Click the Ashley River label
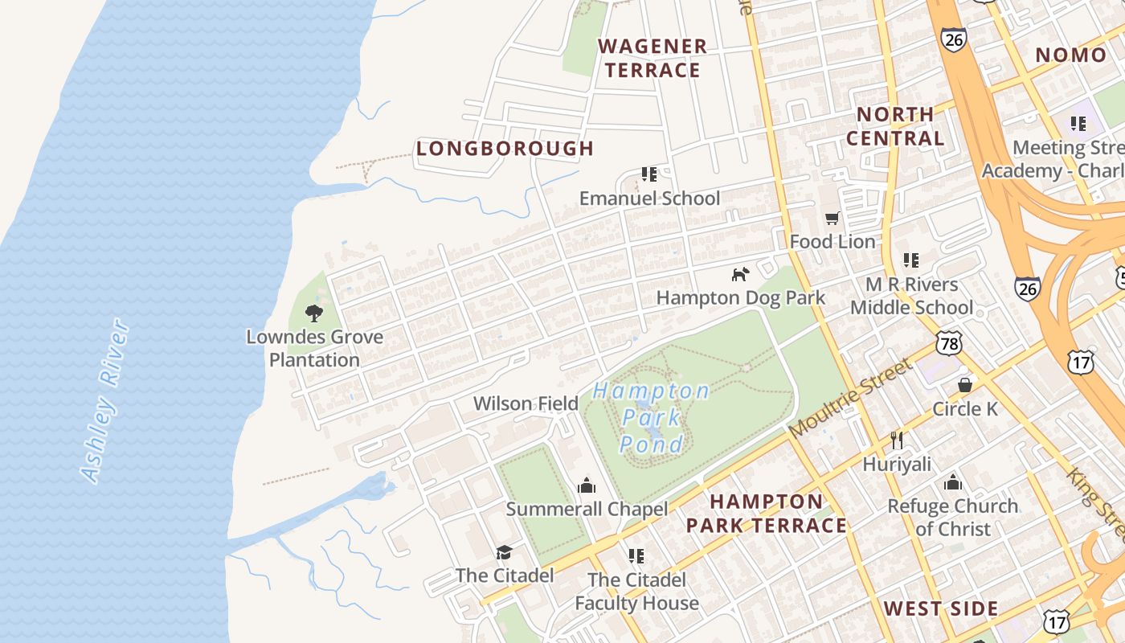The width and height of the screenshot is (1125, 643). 105,400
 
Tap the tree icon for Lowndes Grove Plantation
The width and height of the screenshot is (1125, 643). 314,313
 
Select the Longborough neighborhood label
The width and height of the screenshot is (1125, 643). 505,149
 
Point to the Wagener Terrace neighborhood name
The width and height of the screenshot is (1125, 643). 652,59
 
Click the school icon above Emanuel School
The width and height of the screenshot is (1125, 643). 649,174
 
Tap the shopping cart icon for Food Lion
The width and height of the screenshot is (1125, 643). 832,219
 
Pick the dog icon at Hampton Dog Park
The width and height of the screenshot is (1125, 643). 740,274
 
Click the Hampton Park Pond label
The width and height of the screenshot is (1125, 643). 652,417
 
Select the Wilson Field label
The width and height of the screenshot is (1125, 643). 526,403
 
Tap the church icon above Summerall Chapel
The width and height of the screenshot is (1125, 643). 587,485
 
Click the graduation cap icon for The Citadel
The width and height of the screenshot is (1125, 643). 504,552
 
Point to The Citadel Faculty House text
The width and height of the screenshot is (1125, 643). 636,591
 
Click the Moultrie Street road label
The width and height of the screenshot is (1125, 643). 852,399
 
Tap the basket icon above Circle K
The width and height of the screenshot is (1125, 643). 964,385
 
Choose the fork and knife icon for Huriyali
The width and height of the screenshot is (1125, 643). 897,440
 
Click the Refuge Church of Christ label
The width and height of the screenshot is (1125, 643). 953,517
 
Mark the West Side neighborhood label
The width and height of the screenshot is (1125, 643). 941,608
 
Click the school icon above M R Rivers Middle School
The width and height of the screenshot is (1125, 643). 910,260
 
